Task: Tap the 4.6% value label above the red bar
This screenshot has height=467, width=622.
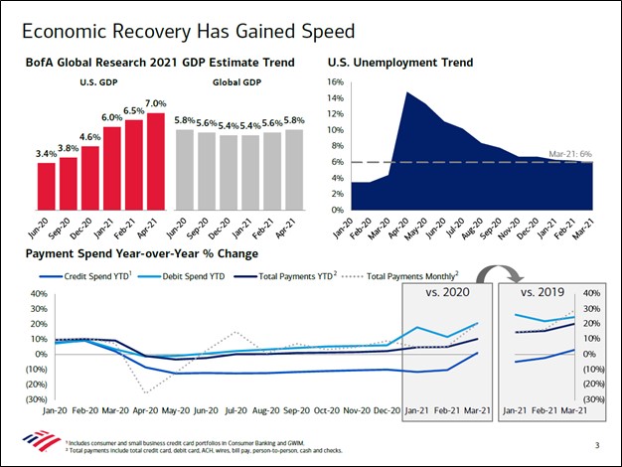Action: (x=90, y=138)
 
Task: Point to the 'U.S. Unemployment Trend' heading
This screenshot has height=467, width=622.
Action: (x=399, y=63)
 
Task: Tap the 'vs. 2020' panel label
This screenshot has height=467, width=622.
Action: (x=446, y=294)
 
